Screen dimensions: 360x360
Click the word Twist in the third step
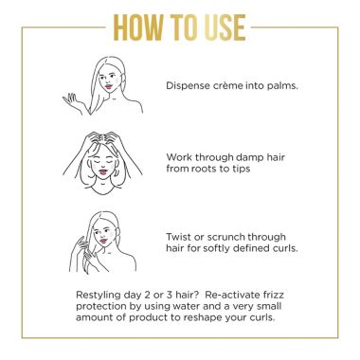pos(180,234)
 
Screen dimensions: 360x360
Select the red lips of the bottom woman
pos(116,238)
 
